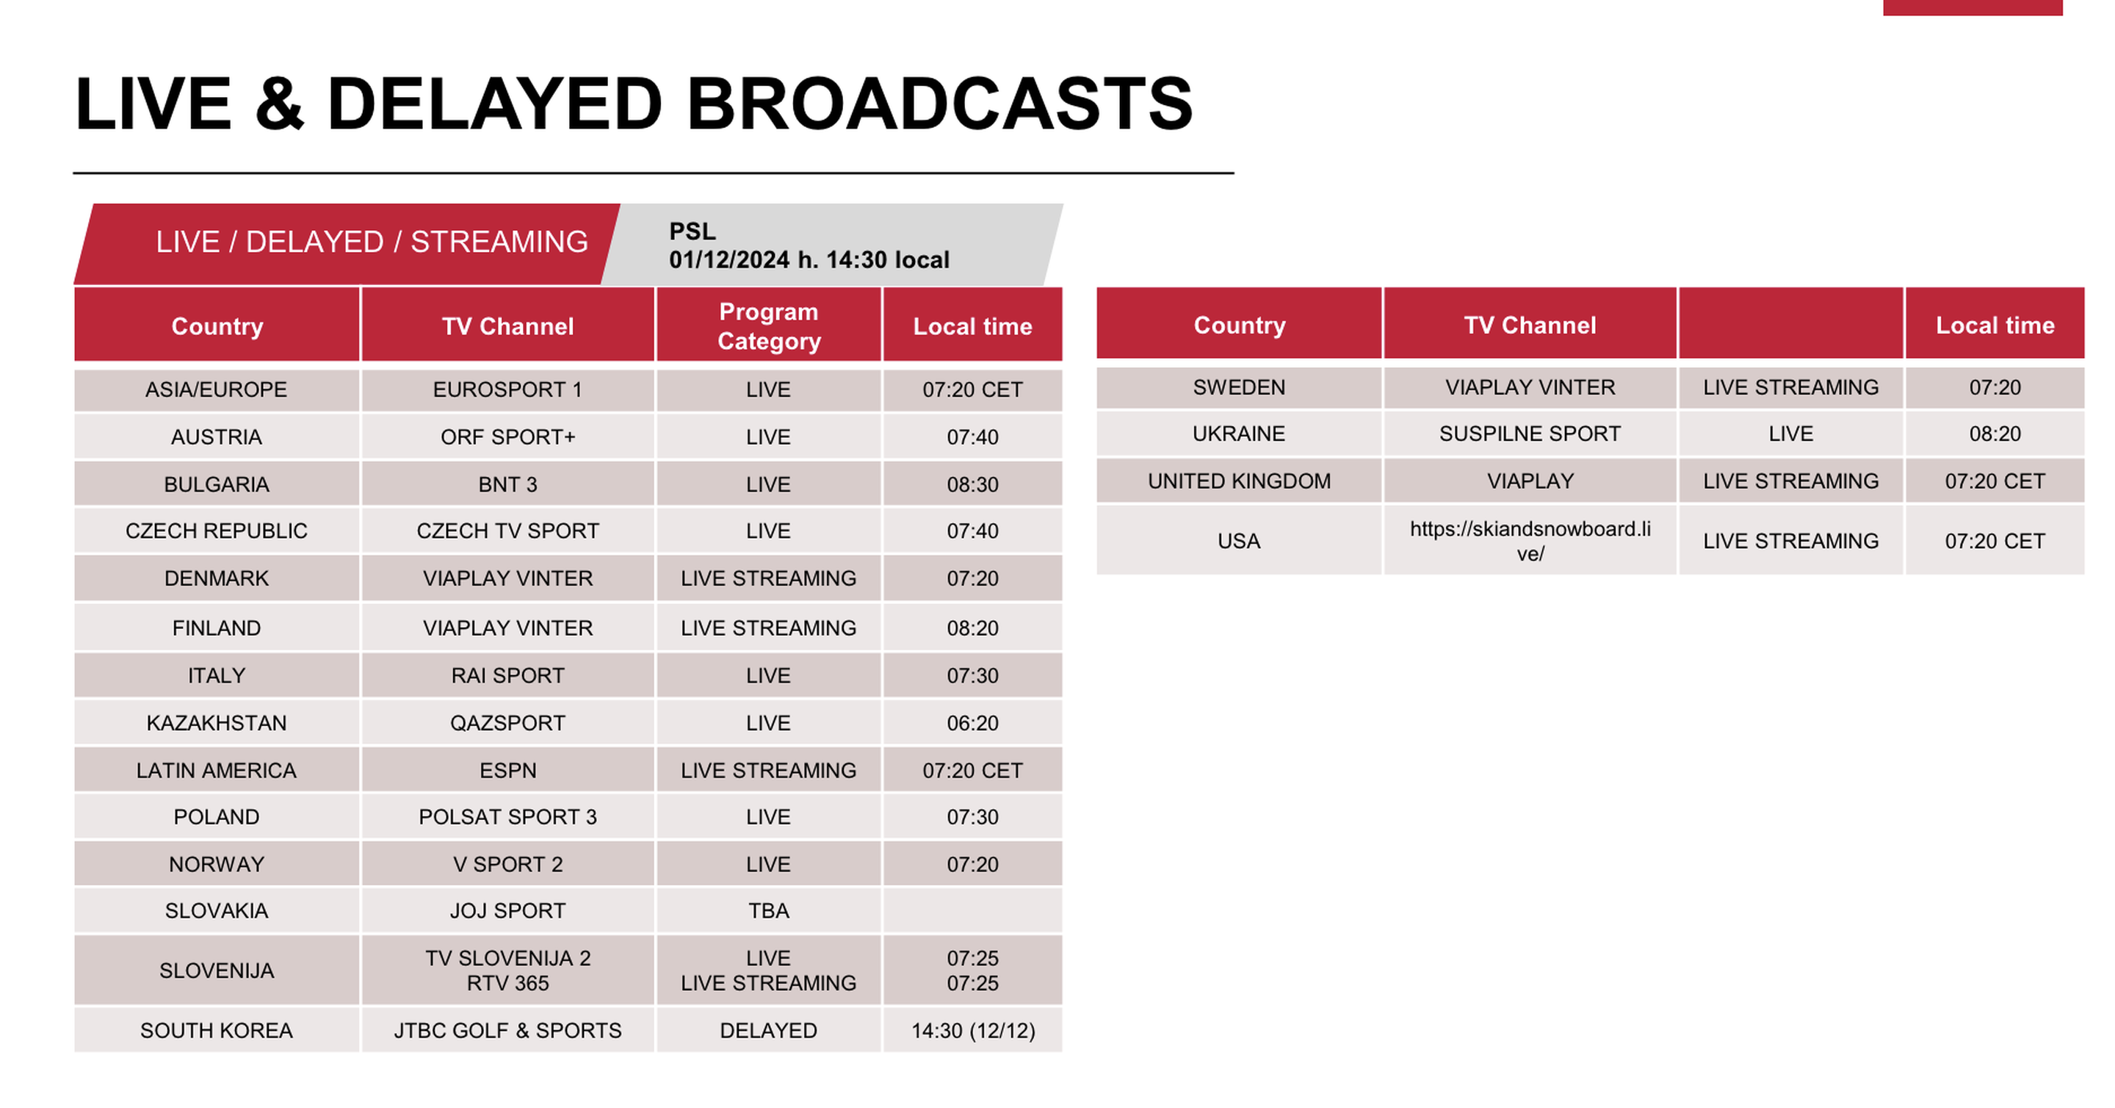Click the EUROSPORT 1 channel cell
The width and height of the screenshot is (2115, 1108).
(507, 389)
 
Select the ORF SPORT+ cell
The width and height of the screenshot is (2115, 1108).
(507, 437)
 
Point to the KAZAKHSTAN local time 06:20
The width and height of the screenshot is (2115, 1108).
(972, 723)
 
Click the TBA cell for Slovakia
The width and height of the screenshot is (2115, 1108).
(768, 911)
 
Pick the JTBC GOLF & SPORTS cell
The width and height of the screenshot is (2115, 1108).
(507, 1031)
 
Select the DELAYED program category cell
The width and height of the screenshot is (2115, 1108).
(768, 1031)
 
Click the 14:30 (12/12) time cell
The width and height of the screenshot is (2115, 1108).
(973, 1031)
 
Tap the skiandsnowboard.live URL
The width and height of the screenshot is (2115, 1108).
(1530, 542)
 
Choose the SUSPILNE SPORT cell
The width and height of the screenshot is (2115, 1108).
(1530, 434)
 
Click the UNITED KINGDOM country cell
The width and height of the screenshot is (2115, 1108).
(1239, 481)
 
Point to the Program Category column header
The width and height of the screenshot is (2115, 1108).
(768, 326)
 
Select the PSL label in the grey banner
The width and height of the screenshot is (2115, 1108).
(692, 231)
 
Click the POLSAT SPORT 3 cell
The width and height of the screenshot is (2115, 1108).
(507, 817)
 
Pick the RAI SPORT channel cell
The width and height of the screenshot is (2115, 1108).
(507, 676)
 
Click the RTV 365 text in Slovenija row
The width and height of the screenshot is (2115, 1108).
(507, 983)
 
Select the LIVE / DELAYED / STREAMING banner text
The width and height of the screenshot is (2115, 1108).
(372, 242)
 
